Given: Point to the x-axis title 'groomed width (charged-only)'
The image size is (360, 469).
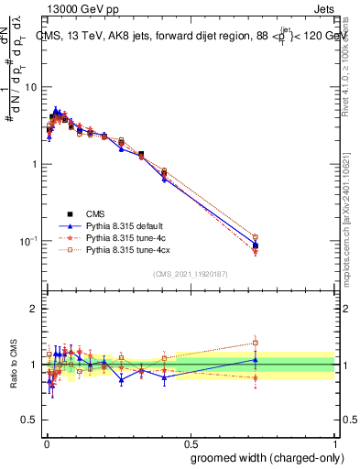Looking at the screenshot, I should click(260, 457).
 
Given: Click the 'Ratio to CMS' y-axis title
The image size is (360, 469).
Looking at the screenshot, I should click(12, 365).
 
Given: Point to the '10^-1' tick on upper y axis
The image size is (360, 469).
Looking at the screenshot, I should click(27, 241).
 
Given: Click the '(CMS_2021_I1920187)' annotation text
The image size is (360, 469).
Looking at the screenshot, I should click(190, 274).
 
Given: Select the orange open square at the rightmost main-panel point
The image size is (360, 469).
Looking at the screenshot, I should click(256, 237).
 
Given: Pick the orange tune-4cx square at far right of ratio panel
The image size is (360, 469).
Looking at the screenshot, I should click(256, 343).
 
